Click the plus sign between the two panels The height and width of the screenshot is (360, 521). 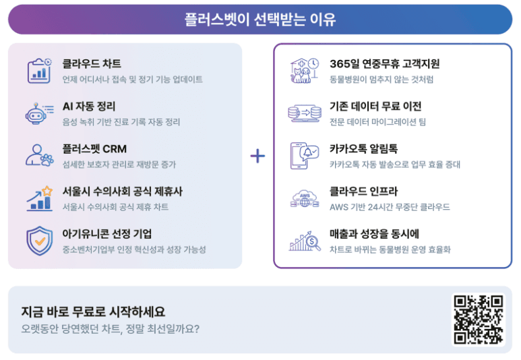[x=257, y=156]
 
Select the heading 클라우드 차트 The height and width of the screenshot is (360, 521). [x=92, y=64]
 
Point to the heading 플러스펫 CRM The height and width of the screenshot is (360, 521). [x=94, y=149]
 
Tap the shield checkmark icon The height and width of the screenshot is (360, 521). [x=39, y=240]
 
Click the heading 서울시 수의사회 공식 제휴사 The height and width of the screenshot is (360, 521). [x=122, y=191]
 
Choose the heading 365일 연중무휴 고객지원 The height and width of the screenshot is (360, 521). [x=385, y=64]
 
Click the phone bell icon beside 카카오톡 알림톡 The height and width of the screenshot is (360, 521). [x=304, y=155]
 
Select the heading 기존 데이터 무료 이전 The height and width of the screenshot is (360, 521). [x=375, y=107]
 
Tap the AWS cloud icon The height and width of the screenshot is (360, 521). [x=305, y=198]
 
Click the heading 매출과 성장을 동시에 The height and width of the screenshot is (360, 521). [x=375, y=234]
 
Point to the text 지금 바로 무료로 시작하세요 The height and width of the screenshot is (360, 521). [x=93, y=312]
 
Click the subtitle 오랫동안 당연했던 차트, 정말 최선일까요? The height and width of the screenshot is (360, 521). [x=111, y=329]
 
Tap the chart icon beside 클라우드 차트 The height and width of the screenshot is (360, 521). [x=39, y=70]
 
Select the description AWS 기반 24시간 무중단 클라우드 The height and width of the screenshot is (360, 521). [x=390, y=207]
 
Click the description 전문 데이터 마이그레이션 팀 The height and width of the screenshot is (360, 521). [x=377, y=122]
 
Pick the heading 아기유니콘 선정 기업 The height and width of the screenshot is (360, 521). [x=107, y=234]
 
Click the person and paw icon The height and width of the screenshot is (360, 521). [x=39, y=155]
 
